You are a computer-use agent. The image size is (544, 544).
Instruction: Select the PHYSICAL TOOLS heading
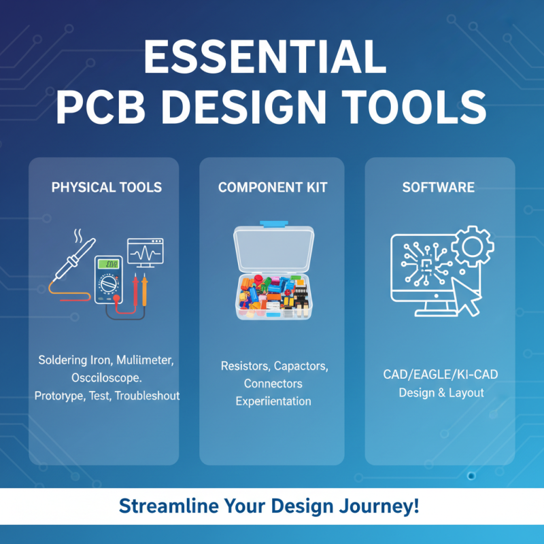tap(107, 187)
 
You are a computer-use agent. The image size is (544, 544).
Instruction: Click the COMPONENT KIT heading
tap(272, 187)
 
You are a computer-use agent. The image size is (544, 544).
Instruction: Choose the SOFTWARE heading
tap(438, 187)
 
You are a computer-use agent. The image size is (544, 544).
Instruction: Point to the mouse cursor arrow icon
tap(467, 294)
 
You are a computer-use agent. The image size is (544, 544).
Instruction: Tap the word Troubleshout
tap(146, 394)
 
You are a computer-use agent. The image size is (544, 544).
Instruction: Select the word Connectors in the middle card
tap(273, 384)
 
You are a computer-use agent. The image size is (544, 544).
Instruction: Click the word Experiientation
tap(273, 401)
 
